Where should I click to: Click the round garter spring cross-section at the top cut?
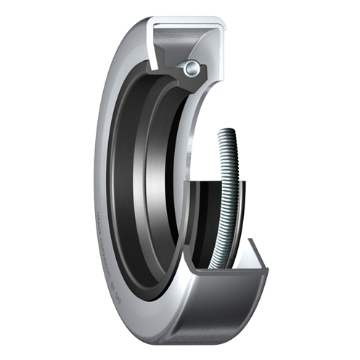pos(191,69)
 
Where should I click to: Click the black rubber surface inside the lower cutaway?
pos(203,218)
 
